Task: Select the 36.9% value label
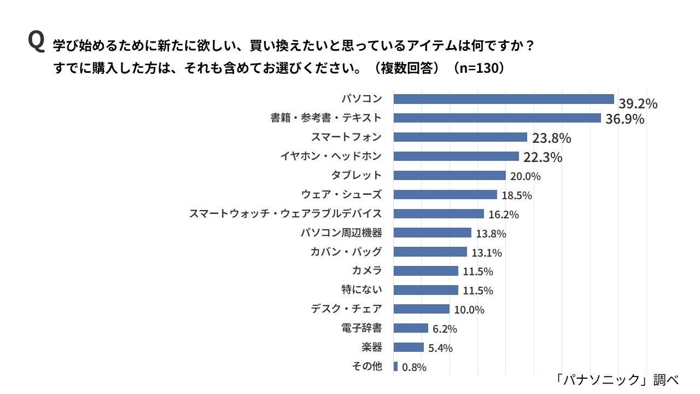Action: [625, 119]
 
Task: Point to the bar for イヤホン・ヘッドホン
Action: [456, 157]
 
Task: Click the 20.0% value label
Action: [525, 176]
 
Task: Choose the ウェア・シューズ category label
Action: [341, 194]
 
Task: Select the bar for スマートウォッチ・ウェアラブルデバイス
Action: [439, 213]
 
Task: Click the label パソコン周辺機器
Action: [341, 233]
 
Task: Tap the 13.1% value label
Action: [487, 253]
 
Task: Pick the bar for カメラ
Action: [425, 271]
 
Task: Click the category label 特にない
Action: [361, 290]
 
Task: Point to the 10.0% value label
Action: [469, 310]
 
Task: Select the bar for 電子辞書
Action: [411, 328]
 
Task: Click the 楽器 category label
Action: [371, 347]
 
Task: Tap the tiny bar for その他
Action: [395, 367]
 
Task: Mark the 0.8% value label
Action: [414, 368]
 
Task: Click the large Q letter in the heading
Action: [36, 42]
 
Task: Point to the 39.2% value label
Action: [638, 104]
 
